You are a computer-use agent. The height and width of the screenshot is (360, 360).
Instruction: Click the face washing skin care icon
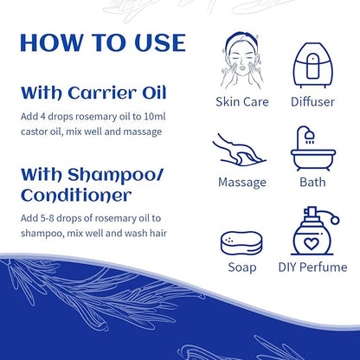click(x=241, y=56)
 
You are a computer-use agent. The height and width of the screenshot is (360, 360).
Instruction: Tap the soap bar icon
click(x=241, y=242)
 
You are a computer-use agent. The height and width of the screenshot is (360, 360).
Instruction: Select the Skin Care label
click(x=241, y=102)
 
